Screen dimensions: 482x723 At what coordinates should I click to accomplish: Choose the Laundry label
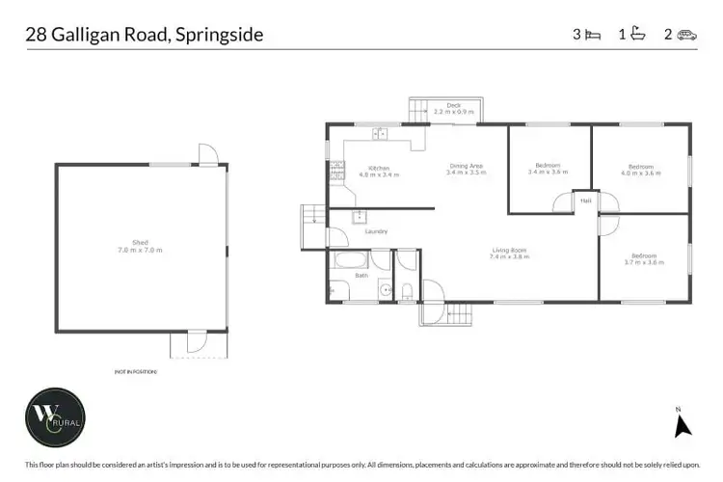(x=375, y=231)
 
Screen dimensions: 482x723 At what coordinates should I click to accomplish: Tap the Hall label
(x=585, y=201)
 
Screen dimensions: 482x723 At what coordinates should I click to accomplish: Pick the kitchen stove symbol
(x=337, y=171)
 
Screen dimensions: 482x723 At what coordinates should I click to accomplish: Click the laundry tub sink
(x=360, y=217)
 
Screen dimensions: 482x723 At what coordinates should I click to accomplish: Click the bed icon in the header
(x=593, y=36)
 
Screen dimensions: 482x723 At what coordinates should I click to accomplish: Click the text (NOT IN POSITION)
(x=135, y=371)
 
